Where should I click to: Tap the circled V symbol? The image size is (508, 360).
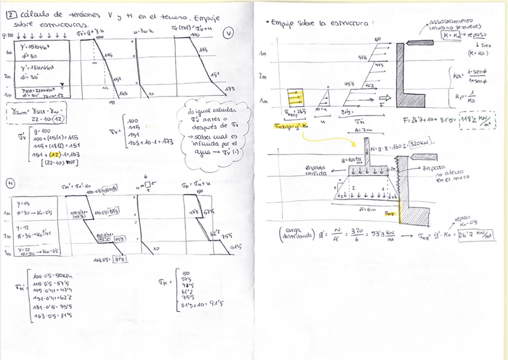[x=228, y=34]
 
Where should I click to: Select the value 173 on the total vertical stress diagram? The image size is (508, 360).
[x=229, y=89]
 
